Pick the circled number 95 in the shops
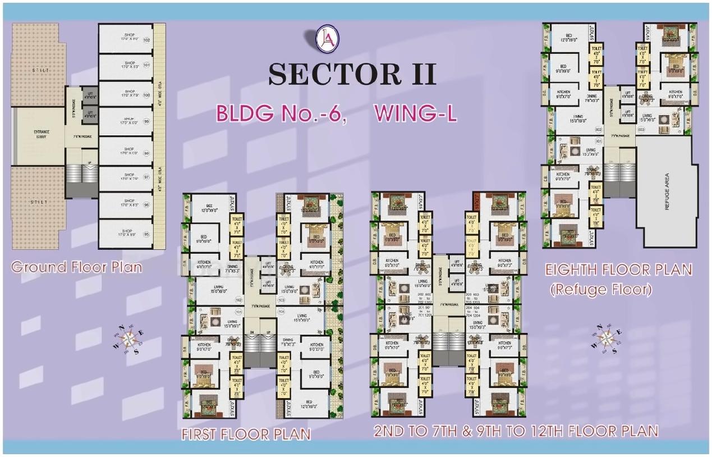(x=147, y=234)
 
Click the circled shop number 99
(x=147, y=121)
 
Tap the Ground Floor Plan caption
(x=77, y=266)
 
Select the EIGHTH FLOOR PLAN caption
(x=618, y=270)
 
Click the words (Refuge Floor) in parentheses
(x=601, y=290)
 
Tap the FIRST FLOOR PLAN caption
(x=246, y=435)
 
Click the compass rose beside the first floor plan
(x=128, y=338)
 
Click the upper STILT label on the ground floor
(x=39, y=70)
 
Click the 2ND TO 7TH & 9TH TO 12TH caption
(x=516, y=431)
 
